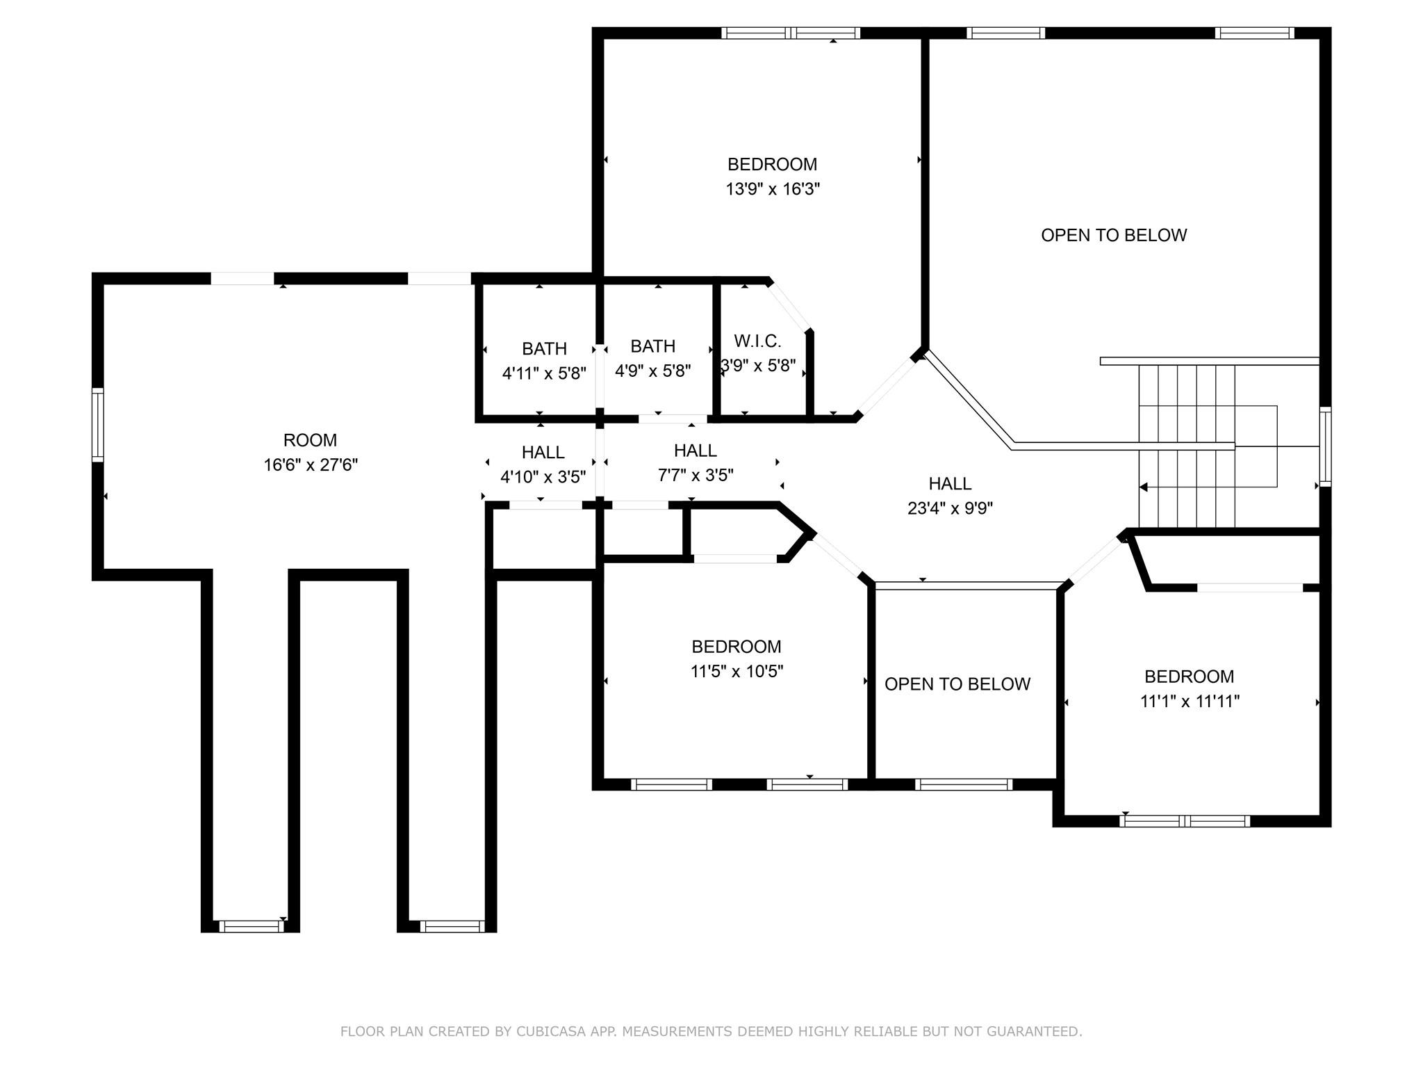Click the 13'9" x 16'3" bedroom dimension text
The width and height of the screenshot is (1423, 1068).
point(773,189)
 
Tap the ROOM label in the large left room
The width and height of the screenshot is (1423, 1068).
point(310,440)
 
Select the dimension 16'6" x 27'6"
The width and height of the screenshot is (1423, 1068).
point(310,465)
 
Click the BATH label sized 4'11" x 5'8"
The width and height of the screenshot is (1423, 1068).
point(544,348)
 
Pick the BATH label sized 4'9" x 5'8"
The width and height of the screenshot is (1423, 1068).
point(652,346)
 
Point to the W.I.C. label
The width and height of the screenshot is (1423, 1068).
point(757,341)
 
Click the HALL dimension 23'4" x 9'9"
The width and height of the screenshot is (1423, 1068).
point(950,508)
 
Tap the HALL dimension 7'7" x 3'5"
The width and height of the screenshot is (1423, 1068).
point(696,476)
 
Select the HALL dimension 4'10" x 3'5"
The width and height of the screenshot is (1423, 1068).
point(543,477)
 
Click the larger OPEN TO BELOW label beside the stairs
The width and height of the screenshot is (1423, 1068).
point(1113,235)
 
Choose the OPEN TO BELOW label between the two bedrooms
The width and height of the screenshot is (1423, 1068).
point(957,684)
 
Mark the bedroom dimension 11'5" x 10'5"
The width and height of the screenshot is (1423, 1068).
point(737,672)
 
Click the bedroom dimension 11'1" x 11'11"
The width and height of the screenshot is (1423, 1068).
point(1189,702)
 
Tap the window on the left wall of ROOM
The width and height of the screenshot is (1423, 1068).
point(98,424)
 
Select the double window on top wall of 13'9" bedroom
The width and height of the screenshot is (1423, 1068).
point(790,33)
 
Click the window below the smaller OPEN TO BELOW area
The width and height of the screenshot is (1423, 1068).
point(963,784)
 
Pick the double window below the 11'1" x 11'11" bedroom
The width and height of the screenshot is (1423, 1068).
point(1184,821)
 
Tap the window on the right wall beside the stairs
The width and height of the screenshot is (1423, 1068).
point(1324,446)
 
